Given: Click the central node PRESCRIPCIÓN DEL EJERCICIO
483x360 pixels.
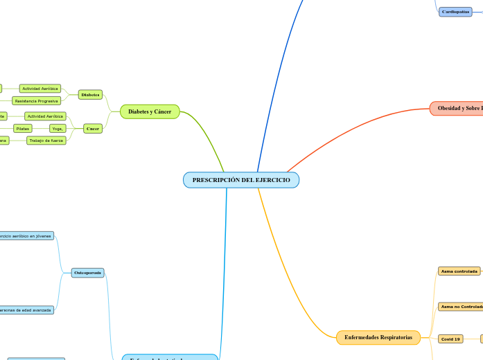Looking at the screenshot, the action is (x=241, y=180).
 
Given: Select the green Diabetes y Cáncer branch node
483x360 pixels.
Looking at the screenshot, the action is (x=150, y=111).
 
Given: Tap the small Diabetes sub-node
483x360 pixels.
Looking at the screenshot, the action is (x=90, y=94).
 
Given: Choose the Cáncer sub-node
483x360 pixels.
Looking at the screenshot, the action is (x=93, y=128).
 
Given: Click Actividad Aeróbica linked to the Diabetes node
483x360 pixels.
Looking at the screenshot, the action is (x=40, y=89).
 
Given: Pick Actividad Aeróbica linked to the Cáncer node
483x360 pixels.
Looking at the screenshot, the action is (x=45, y=116).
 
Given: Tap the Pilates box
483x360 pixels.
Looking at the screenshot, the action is (x=23, y=129).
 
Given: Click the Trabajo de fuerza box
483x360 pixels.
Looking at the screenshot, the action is (x=46, y=141).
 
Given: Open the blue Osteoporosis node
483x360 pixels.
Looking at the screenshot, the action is (x=87, y=273).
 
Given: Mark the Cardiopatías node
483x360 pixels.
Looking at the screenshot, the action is (x=455, y=12).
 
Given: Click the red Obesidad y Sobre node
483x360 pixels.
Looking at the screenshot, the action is (x=457, y=109).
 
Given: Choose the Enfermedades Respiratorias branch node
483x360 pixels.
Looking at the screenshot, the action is (x=378, y=337).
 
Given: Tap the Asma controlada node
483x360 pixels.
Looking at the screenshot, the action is (x=459, y=271).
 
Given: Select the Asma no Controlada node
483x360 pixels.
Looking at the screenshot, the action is (x=461, y=306).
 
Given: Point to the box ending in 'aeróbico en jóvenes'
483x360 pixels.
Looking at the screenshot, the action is (x=26, y=235).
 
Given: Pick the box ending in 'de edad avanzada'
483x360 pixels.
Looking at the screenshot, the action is (x=26, y=310).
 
